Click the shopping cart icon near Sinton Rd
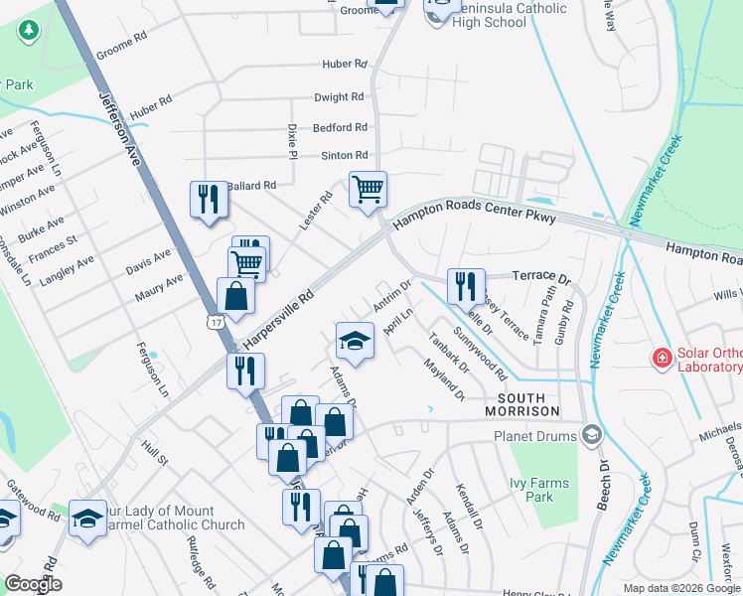(368, 189)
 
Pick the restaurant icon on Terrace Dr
(466, 286)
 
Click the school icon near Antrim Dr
(355, 341)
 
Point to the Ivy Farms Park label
(538, 490)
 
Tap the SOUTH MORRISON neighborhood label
(522, 411)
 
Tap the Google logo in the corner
(33, 583)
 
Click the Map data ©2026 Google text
(681, 588)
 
